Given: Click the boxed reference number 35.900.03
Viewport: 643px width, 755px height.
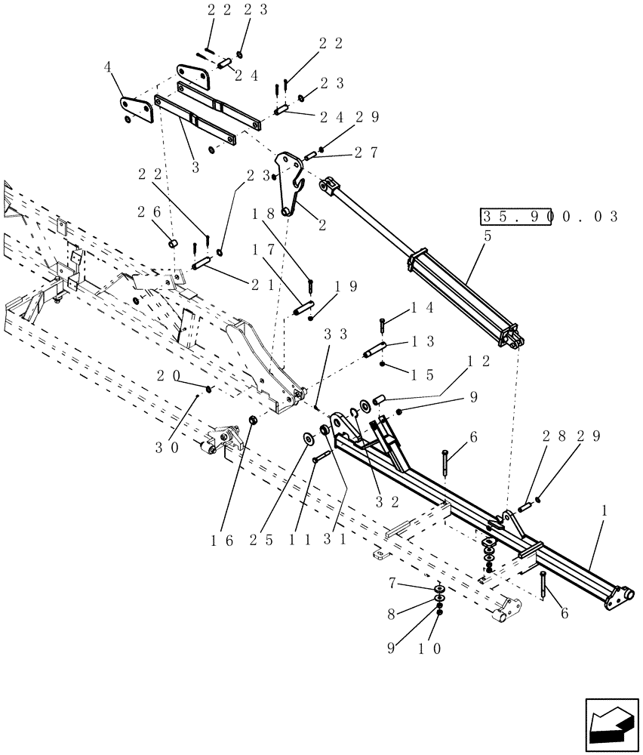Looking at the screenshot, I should coord(549,217).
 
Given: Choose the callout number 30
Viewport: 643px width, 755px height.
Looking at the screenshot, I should coord(168,447).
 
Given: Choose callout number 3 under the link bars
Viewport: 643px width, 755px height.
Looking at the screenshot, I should coord(195,168).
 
